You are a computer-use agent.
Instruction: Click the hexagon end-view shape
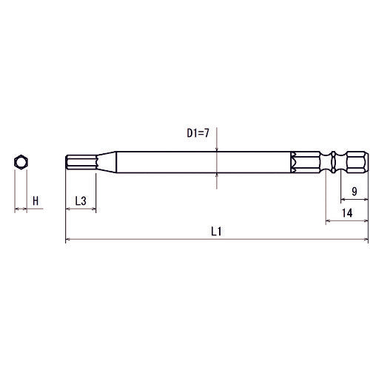(21, 163)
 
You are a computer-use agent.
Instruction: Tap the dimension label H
(35, 199)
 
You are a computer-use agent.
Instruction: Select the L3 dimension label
(81, 200)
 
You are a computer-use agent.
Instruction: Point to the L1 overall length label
(217, 231)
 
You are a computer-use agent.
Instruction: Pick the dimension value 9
(354, 191)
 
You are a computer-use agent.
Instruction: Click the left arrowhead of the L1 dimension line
(69, 240)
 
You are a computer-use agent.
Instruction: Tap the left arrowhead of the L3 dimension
(69, 209)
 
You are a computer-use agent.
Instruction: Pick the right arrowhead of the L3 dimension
(94, 209)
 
